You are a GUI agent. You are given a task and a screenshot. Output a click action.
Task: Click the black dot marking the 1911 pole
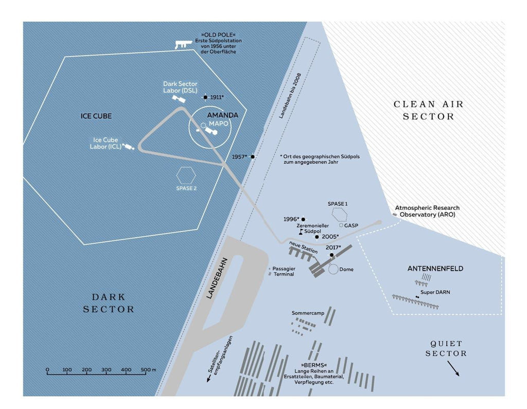click(205, 97)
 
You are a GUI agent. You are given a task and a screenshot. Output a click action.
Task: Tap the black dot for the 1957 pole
click(252, 156)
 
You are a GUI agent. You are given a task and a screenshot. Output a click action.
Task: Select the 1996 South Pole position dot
click(303, 219)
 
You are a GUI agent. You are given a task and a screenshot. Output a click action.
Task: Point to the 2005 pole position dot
click(317, 237)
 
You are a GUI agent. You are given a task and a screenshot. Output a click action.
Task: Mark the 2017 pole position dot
click(331, 255)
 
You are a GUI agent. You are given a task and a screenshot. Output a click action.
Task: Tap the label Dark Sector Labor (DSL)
click(180, 87)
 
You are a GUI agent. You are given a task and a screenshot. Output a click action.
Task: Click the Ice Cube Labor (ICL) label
click(106, 143)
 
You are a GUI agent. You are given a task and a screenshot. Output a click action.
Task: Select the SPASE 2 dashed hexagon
click(186, 175)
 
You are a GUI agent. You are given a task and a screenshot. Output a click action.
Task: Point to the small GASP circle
click(341, 225)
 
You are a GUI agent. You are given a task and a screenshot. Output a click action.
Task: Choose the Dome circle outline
click(333, 269)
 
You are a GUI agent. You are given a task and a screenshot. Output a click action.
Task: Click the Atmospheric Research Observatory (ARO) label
click(427, 211)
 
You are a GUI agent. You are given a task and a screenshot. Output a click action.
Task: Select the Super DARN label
click(435, 292)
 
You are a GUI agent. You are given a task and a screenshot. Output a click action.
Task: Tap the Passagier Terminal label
click(283, 272)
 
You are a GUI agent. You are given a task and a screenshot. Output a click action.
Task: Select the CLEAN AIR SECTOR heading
click(429, 110)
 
